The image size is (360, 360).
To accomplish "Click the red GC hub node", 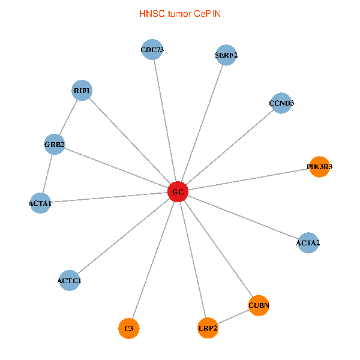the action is (178, 192).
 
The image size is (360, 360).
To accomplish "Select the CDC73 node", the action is (152, 50).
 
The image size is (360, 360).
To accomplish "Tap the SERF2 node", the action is (226, 55).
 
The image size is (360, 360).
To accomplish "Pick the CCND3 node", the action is (281, 103).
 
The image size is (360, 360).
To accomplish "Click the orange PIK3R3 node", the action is (319, 167).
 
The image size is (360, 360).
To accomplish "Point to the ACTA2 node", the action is (308, 243).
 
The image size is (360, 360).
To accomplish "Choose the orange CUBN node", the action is (259, 305).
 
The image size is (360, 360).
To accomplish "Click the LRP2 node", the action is (208, 328).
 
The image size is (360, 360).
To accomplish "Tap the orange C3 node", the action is (129, 328).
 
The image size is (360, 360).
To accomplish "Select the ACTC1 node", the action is (70, 280).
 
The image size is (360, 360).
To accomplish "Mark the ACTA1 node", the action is (40, 204).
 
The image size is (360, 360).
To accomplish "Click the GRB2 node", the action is (55, 144).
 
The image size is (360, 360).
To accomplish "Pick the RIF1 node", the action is (82, 91).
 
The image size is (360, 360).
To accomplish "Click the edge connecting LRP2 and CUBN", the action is (233, 317).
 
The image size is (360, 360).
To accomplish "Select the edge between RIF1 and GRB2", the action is (68, 117).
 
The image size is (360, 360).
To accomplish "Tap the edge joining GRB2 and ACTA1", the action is (47, 174).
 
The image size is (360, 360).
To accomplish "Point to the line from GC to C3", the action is (154, 260).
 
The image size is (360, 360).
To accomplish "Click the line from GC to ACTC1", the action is (124, 236).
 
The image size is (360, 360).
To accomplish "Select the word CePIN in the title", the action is (207, 13).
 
